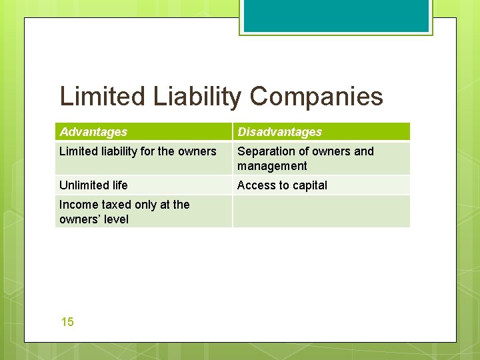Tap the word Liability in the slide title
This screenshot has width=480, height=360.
click(198, 97)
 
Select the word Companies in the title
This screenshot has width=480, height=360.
click(317, 97)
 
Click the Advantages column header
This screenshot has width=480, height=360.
click(93, 132)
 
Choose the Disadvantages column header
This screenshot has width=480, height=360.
click(279, 132)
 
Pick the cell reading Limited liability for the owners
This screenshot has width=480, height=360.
click(138, 151)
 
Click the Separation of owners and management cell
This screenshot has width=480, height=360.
click(305, 159)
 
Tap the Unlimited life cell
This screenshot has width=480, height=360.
click(93, 185)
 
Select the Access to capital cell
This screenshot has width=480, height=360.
click(282, 185)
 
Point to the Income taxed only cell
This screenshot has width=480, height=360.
click(125, 211)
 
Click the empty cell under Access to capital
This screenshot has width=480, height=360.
click(321, 211)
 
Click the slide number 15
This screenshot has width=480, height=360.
click(67, 322)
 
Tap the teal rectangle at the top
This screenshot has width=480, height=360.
click(335, 15)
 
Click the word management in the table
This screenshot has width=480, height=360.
click(272, 166)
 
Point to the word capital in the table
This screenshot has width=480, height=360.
click(309, 185)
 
